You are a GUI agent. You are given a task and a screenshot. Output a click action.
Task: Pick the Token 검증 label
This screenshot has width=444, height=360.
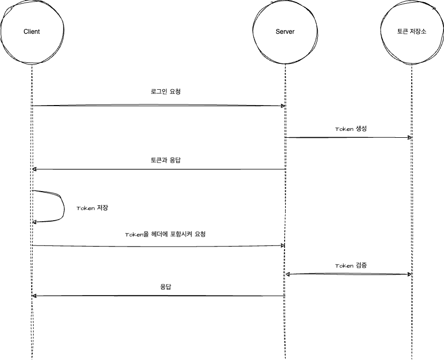pos(351,266)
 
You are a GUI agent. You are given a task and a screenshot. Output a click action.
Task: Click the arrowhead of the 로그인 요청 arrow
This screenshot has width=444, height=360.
pos(283,106)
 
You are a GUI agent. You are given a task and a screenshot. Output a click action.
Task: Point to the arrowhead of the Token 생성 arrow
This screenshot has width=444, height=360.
pos(409,138)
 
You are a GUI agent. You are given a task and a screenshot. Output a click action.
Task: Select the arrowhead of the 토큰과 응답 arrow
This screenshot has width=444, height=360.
pos(34,169)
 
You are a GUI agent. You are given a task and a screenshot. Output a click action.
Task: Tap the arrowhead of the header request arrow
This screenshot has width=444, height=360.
pos(283,245)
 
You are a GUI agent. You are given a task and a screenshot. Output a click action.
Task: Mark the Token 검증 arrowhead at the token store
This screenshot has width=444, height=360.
pos(409,274)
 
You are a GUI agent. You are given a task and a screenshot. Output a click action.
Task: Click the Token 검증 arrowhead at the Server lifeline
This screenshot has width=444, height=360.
pos(288,274)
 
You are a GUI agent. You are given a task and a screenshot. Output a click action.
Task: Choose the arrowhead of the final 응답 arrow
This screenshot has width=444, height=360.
pos(34,296)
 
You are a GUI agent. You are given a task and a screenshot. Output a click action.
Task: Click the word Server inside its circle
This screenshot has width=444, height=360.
pos(285,32)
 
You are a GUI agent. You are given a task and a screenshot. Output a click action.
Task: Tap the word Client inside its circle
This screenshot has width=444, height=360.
pos(32,32)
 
